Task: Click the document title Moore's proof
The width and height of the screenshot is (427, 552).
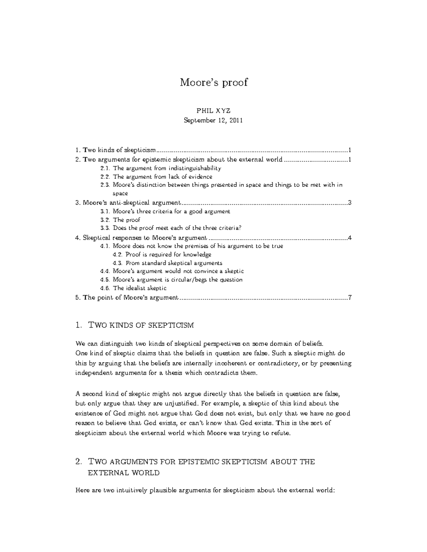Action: point(213,82)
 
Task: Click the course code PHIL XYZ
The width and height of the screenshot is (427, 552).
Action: point(213,111)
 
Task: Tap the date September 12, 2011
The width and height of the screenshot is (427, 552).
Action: point(213,120)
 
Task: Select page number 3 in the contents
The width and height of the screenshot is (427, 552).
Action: point(350,203)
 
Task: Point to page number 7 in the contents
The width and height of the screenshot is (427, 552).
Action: point(350,298)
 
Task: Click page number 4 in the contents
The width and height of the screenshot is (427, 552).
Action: point(350,238)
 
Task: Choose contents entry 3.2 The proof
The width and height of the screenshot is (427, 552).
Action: point(120,220)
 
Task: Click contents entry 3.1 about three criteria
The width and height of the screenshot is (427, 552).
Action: point(165,211)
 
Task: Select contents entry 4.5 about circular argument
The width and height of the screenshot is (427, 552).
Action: point(172,280)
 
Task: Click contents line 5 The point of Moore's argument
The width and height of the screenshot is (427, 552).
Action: point(127,298)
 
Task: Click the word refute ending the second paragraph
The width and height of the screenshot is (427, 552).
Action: point(282,433)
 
